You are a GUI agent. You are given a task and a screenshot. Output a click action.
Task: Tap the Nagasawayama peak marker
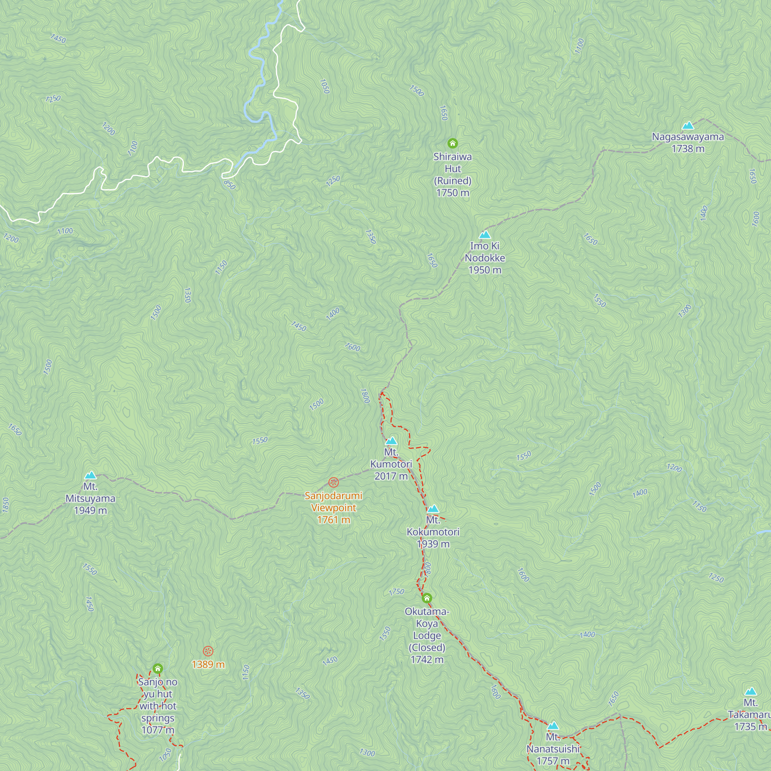click(688, 126)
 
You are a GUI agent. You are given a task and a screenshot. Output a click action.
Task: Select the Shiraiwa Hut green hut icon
click(452, 143)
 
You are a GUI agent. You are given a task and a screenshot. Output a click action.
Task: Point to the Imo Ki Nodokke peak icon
click(485, 235)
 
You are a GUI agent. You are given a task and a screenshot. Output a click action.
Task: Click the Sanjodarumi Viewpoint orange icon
click(333, 483)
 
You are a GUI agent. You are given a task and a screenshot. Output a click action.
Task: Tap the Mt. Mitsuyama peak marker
click(91, 475)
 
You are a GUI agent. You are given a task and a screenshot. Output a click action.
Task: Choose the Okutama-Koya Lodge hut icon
click(427, 598)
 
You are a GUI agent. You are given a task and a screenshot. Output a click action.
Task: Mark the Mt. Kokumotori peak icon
click(433, 509)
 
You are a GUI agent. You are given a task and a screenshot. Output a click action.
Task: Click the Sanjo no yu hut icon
click(158, 668)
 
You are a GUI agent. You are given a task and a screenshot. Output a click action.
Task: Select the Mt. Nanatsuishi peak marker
click(553, 726)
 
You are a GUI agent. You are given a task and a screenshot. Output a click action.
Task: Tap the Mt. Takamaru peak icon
click(751, 692)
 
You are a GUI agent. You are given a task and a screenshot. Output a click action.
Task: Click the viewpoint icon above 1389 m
click(208, 651)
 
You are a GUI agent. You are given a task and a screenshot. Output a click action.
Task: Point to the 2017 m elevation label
click(391, 476)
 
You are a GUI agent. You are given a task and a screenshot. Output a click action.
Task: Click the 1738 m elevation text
click(688, 149)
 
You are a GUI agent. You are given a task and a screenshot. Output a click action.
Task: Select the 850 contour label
click(229, 185)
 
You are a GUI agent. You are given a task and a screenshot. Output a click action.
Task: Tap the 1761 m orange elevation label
click(333, 520)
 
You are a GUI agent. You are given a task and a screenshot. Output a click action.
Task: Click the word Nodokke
click(485, 258)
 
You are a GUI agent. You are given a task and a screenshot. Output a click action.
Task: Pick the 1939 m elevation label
click(433, 544)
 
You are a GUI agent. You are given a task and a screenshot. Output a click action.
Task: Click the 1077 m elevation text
click(158, 730)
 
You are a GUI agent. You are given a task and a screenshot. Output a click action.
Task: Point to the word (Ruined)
click(453, 181)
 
